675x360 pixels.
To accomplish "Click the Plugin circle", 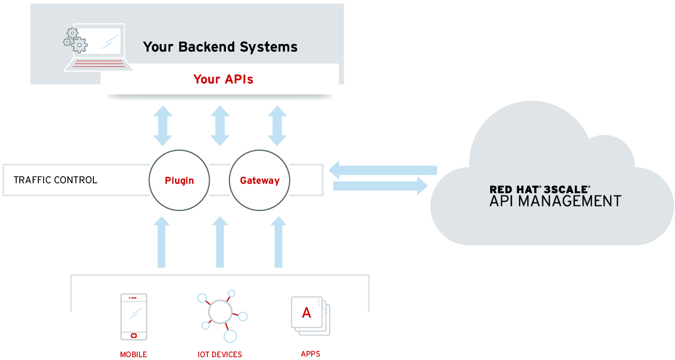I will pyautogui.click(x=179, y=180).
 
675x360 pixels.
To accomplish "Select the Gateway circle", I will pyautogui.click(x=260, y=180).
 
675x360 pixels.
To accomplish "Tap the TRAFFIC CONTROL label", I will pyautogui.click(x=55, y=180).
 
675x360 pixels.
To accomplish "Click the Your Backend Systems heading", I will pyautogui.click(x=220, y=47).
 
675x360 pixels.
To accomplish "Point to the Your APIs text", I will pyautogui.click(x=223, y=79).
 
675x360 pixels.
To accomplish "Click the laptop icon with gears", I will pyautogui.click(x=96, y=48).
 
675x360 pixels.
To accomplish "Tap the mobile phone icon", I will pyautogui.click(x=134, y=317).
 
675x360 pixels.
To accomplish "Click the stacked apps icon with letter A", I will pyautogui.click(x=309, y=315).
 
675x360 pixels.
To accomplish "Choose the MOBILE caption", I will pyautogui.click(x=134, y=354).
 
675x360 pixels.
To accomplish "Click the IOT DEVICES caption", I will pyautogui.click(x=220, y=354).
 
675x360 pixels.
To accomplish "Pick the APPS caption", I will pyautogui.click(x=311, y=354).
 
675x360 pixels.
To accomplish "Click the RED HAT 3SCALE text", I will pyautogui.click(x=539, y=189).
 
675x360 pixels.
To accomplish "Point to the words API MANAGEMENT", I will pyautogui.click(x=555, y=202).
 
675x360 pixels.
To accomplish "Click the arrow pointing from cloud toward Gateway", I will pyautogui.click(x=382, y=170).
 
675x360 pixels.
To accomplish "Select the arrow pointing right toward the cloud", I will pyautogui.click(x=380, y=186).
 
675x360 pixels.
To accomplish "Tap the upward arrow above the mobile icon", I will pyautogui.click(x=162, y=242).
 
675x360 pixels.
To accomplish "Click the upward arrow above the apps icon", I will pyautogui.click(x=279, y=242).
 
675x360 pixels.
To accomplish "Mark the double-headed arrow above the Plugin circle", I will pyautogui.click(x=163, y=126).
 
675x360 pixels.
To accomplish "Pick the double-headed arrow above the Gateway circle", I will pyautogui.click(x=278, y=126).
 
